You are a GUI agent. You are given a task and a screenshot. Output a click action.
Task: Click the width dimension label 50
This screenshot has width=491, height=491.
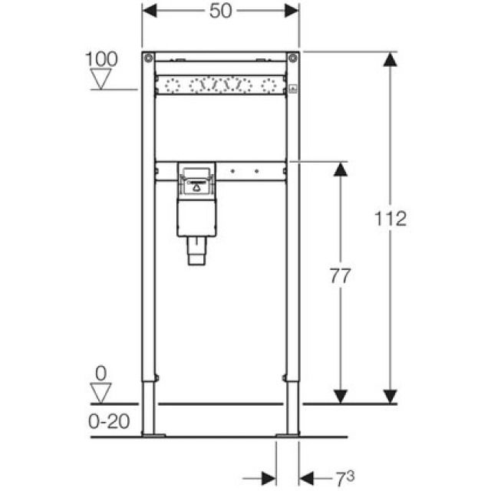[221, 11]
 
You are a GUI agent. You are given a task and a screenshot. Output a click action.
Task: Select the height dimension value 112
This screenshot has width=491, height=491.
[391, 219]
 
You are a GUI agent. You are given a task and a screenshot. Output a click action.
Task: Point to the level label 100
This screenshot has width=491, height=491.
[101, 58]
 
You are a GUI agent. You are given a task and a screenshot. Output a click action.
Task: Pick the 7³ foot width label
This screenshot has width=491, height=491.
[343, 478]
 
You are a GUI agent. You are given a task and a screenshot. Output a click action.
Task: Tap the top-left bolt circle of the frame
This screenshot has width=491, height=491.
[147, 58]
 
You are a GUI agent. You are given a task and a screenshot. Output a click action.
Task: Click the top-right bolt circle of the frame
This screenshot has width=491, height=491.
[292, 58]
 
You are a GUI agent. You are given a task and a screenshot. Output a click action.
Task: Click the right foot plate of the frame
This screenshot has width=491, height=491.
[288, 435]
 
